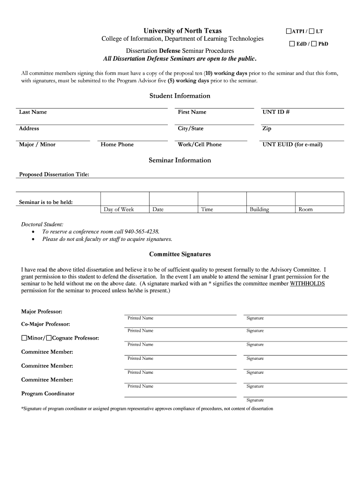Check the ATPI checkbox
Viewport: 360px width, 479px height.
288,31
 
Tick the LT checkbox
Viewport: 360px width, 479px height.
311,31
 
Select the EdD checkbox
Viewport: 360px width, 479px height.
292,44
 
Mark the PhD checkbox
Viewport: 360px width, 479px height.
314,44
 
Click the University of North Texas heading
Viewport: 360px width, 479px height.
183,31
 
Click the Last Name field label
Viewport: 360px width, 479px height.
33,112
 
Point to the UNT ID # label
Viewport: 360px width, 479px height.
276,112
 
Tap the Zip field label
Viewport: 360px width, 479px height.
267,129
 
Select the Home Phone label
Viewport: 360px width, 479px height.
117,145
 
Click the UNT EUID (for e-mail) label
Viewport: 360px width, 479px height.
292,145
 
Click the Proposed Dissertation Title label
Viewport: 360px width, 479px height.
54,174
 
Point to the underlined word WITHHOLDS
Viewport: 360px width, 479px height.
307,283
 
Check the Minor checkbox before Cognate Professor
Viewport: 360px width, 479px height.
24,338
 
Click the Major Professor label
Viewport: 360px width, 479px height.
42,312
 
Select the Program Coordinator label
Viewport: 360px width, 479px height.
48,394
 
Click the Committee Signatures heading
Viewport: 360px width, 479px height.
180,254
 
